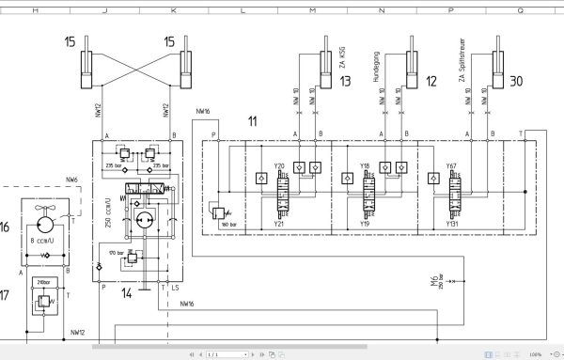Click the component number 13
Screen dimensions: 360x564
(347, 82)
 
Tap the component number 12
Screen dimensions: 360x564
(431, 82)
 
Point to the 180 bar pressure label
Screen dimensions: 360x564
(226, 225)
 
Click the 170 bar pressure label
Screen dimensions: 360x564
(117, 252)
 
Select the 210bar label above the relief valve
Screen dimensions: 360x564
(41, 281)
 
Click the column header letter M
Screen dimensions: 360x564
(311, 8)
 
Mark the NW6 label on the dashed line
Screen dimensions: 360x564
(72, 179)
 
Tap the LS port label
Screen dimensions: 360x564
(175, 288)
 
